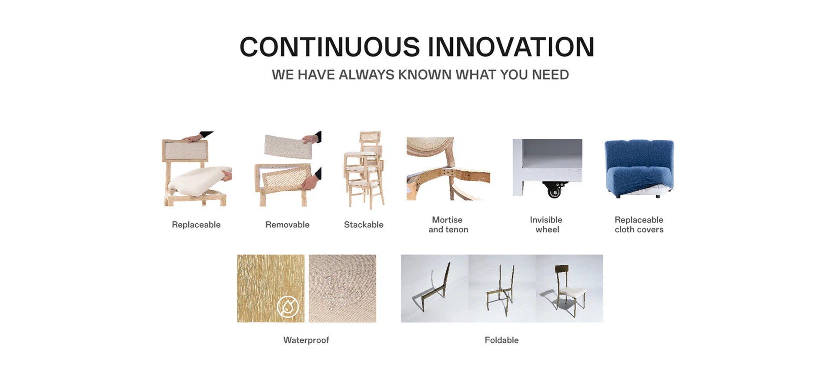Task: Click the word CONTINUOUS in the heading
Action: (330, 47)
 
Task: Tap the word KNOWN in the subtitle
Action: (425, 75)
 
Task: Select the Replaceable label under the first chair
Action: (196, 225)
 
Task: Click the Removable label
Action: (287, 225)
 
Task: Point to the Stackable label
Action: (364, 225)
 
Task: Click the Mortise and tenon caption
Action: (448, 225)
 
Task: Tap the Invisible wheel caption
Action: (547, 225)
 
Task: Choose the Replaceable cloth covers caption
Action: (639, 225)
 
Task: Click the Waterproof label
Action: (306, 340)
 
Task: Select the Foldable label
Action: (501, 340)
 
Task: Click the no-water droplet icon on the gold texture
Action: (288, 306)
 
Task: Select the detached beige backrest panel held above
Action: (288, 147)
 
